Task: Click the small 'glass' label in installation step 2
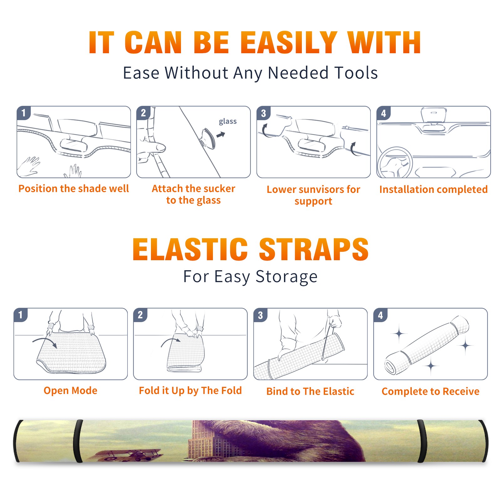228,121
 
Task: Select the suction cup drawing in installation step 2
208,138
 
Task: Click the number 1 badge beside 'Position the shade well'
24,113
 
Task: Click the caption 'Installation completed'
433,189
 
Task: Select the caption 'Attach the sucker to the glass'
194,194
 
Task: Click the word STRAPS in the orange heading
314,249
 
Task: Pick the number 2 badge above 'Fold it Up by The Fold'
140,315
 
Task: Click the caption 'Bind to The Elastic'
310,391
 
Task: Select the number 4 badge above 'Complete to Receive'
380,315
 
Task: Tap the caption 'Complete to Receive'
431,391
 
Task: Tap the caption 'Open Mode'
70,391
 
